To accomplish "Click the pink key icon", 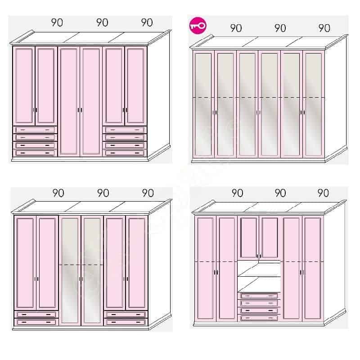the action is [x=198, y=26].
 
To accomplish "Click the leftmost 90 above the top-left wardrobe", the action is [x=57, y=22].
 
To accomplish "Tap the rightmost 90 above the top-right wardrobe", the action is [x=324, y=28].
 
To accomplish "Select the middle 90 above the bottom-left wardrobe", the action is [x=103, y=193].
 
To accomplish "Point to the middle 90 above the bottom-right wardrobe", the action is [x=280, y=193].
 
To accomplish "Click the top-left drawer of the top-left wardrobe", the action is [x=35, y=130].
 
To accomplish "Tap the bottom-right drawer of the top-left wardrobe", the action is [x=125, y=153].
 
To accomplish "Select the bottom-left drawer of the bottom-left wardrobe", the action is [x=36, y=322].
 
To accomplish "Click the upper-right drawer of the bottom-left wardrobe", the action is [x=126, y=314].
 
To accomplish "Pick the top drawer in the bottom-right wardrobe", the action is [x=259, y=296].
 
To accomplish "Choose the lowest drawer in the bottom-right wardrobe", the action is [x=259, y=318].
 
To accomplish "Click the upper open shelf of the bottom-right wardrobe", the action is [x=259, y=269].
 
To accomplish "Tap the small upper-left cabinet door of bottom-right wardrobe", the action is [x=248, y=238].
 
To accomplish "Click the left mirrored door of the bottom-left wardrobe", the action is [x=70, y=270].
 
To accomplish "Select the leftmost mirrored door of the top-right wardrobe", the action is [x=203, y=104].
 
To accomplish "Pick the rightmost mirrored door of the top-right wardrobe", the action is [x=314, y=104].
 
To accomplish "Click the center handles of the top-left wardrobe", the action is [x=80, y=110].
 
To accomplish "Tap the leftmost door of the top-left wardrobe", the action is [x=24, y=86].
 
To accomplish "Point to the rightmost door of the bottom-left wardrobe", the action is [x=137, y=263].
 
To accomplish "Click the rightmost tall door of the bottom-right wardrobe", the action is [x=313, y=268].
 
